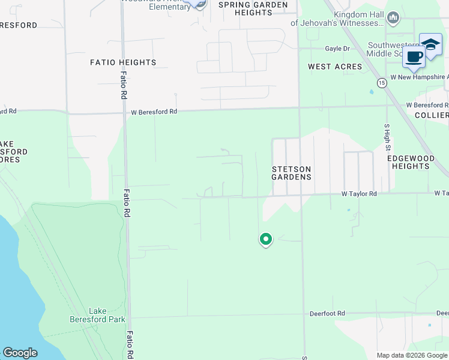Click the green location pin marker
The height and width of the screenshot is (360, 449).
tap(265, 239)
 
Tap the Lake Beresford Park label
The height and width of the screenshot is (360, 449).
tap(107, 315)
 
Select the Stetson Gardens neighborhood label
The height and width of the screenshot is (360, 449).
tap(291, 173)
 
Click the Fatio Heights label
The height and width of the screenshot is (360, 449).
tap(123, 62)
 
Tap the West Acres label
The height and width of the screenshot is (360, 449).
tap(335, 67)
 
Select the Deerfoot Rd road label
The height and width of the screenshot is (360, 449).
tap(327, 314)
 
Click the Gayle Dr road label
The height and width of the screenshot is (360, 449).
tap(337, 49)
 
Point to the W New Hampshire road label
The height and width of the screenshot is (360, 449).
tap(418, 77)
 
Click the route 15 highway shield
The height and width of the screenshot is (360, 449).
tap(381, 82)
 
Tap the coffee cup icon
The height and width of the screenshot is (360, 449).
tap(414, 56)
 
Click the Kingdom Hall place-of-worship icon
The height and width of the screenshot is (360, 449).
tap(393, 17)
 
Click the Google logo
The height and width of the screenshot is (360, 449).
tap(20, 353)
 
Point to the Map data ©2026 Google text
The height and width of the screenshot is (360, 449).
tap(411, 355)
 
